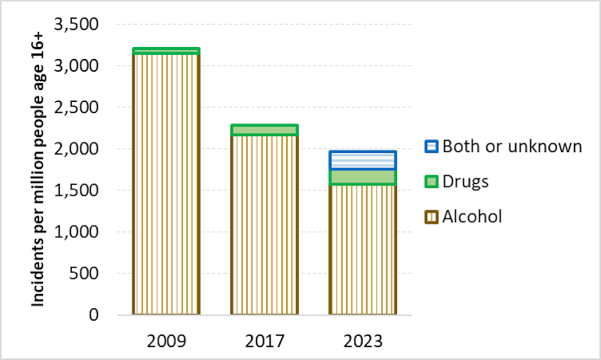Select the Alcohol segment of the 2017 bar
(265, 227)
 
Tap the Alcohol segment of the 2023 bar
(363, 251)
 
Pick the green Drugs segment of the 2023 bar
(363, 177)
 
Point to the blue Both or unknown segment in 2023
(363, 160)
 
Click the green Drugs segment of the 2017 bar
(265, 130)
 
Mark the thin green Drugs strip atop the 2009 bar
(166, 51)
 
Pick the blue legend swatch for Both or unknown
(430, 147)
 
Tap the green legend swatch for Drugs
(430, 182)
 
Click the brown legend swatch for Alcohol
(430, 217)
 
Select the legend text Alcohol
(472, 217)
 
